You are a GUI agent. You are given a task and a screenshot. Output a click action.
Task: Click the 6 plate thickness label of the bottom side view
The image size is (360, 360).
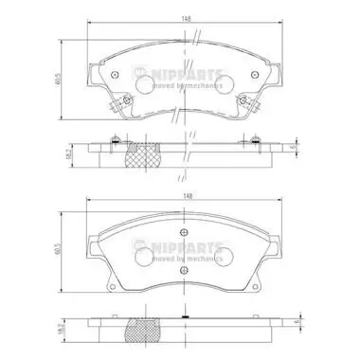296,323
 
